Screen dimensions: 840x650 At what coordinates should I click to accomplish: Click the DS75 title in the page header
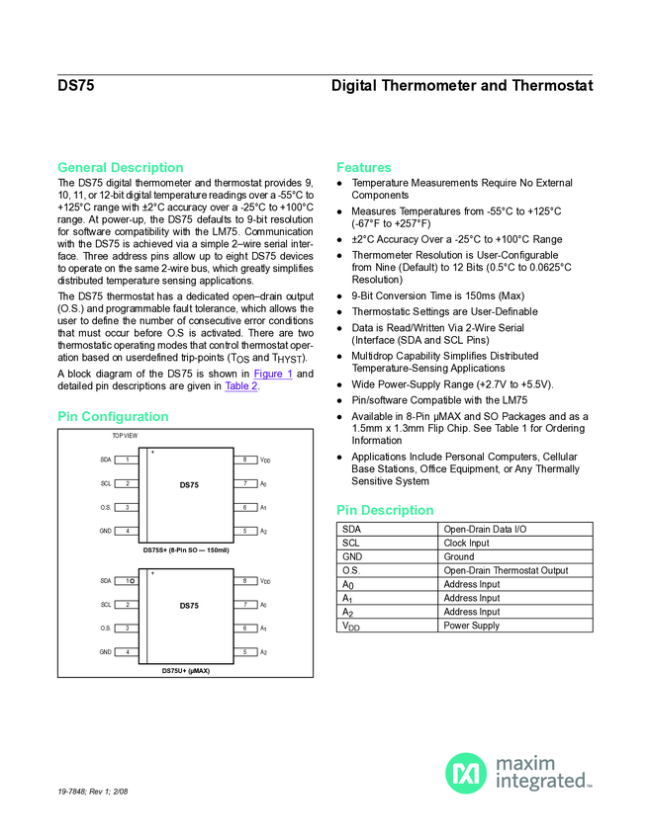[x=76, y=86]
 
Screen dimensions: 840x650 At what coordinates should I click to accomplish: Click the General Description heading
[x=120, y=167]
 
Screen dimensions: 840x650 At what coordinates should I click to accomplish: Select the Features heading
[x=363, y=167]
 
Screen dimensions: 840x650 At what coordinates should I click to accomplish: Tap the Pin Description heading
[x=384, y=510]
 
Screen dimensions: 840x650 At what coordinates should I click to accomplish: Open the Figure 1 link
[x=272, y=374]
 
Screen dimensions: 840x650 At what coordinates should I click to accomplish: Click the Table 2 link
[x=241, y=386]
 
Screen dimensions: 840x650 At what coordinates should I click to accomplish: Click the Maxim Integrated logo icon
[x=465, y=773]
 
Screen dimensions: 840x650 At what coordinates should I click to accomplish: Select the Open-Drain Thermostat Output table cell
[x=506, y=570]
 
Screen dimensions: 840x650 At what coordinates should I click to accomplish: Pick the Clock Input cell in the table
[x=467, y=543]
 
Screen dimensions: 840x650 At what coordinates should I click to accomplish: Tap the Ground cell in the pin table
[x=460, y=556]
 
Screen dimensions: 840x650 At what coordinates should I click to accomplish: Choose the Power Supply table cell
[x=472, y=626]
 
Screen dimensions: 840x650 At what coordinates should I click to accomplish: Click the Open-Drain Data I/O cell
[x=485, y=529]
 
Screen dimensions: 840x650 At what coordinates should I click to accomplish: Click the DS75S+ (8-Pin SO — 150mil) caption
[x=186, y=549]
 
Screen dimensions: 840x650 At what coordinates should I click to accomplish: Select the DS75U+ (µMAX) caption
[x=186, y=671]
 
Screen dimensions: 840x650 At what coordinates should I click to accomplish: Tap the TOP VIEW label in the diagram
[x=125, y=436]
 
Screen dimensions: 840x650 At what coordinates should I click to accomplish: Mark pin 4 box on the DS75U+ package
[x=127, y=652]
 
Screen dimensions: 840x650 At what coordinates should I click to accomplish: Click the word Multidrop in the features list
[x=374, y=356]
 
